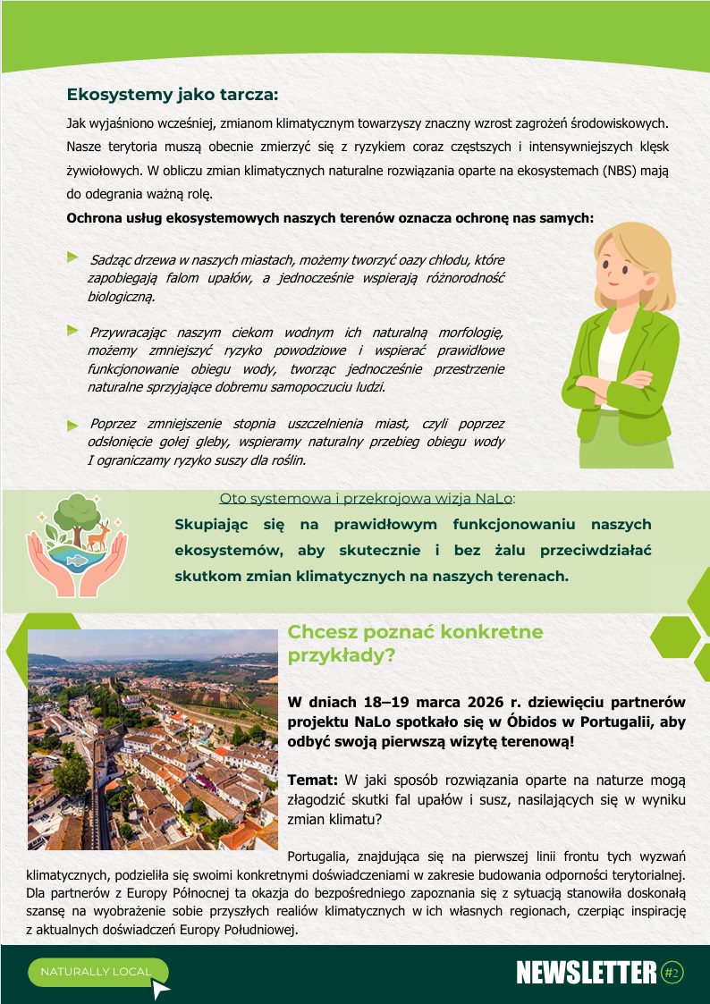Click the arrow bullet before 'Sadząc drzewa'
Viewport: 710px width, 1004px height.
(73, 257)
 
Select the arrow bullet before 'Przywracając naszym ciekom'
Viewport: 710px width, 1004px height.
(73, 330)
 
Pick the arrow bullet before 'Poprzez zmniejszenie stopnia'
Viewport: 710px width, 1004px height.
(73, 424)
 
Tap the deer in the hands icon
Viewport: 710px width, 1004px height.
(97, 535)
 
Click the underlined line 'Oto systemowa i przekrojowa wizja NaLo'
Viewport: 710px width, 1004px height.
(367, 498)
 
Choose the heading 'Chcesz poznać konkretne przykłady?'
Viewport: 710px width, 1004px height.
(415, 643)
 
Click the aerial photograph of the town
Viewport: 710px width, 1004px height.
(153, 739)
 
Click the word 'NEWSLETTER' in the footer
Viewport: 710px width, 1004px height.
(587, 974)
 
